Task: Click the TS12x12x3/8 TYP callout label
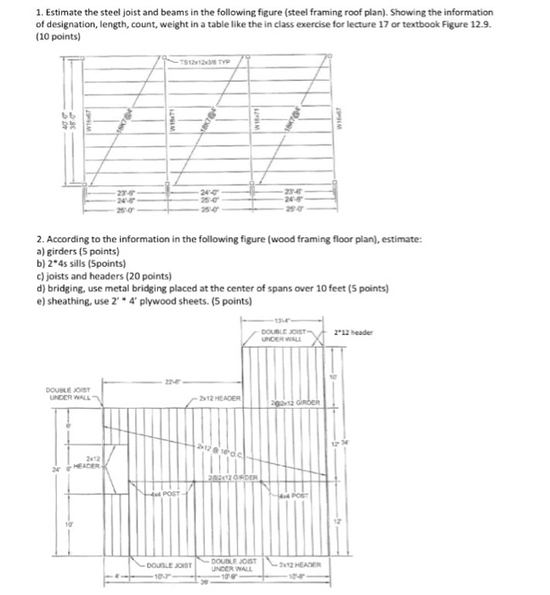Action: (203, 62)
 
